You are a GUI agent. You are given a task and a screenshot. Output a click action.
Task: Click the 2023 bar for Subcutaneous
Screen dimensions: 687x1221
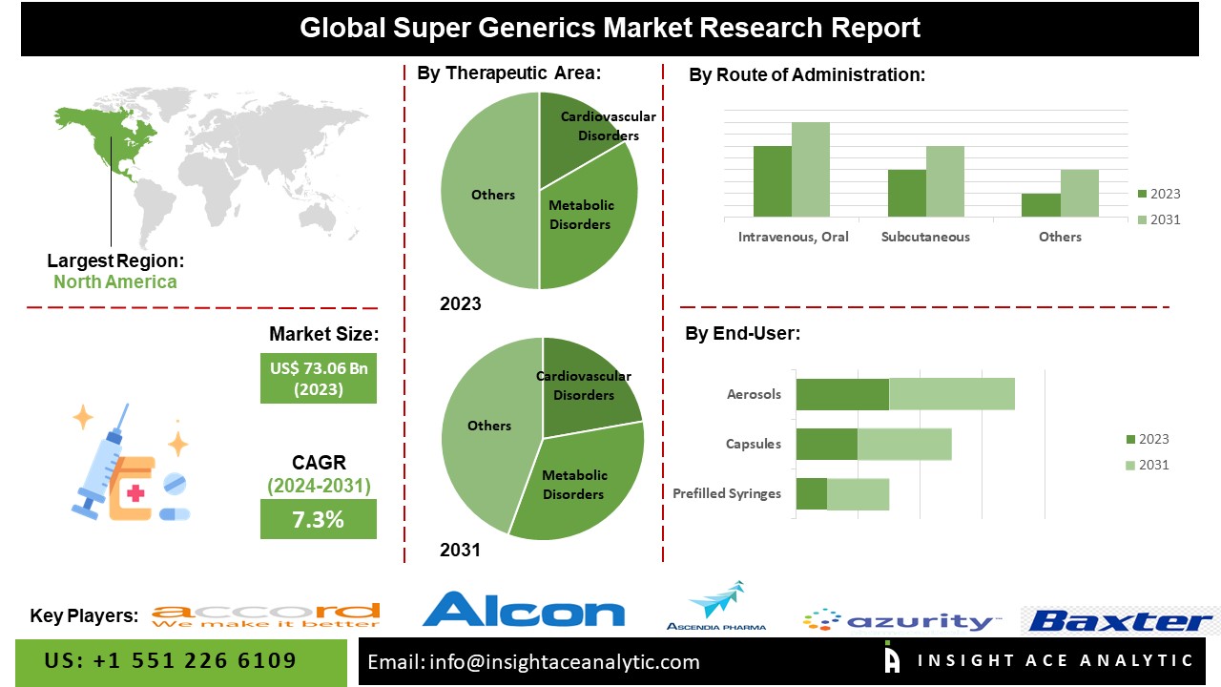pos(906,193)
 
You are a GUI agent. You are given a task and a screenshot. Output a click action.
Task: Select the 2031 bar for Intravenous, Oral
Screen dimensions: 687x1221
pos(810,169)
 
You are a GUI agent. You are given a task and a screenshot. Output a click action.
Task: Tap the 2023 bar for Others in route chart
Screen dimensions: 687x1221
pos(1041,205)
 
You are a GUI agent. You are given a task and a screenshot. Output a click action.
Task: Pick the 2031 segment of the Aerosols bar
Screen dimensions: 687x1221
pos(951,394)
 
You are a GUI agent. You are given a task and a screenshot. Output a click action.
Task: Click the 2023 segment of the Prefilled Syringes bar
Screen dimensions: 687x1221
pos(811,493)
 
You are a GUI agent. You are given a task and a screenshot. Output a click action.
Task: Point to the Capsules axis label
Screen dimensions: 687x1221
pos(753,444)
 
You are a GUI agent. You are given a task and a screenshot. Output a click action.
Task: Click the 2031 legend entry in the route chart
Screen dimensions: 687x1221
pos(1158,219)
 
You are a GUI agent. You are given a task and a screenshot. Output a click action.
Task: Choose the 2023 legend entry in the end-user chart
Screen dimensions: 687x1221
pos(1147,439)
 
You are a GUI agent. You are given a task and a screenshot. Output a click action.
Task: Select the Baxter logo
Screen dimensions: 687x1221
pos(1120,621)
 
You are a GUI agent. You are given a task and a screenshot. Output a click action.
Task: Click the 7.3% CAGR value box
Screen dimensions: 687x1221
pos(318,520)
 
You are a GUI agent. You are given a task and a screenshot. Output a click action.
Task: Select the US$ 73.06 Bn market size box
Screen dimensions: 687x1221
pos(318,378)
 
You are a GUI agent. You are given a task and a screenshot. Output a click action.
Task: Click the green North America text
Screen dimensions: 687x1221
pos(114,281)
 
